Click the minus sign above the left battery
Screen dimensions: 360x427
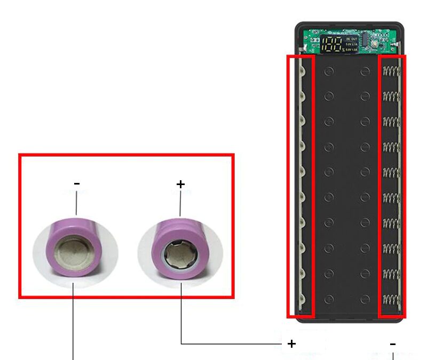(77, 184)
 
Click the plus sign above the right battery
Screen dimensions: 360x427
(180, 185)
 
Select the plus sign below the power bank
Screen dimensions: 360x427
(291, 344)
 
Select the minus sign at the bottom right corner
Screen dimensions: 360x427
(393, 344)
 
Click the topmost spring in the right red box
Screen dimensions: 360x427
(391, 71)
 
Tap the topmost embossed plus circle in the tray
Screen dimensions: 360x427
(329, 70)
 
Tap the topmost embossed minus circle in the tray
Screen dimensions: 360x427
(365, 70)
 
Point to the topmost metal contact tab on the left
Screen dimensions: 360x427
(302, 70)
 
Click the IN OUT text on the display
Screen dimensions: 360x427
(351, 39)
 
